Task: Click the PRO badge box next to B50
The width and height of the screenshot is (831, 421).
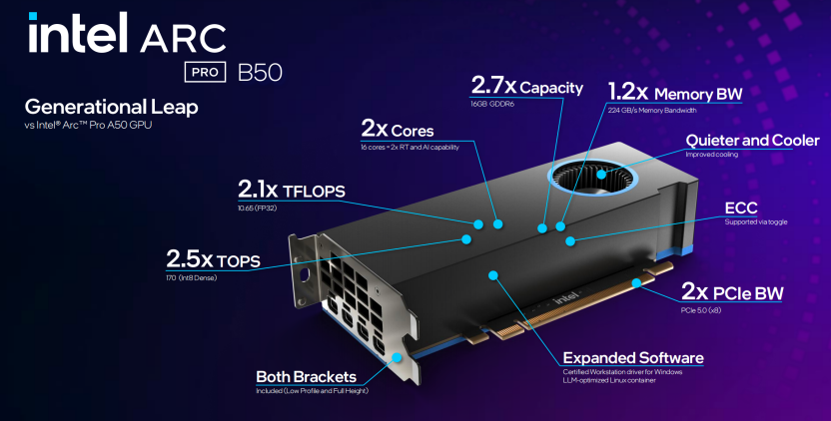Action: [x=205, y=72]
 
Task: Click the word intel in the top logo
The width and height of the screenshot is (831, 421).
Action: [x=78, y=32]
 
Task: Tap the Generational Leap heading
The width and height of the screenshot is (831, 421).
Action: [x=111, y=107]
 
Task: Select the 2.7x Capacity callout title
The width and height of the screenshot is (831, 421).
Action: [x=526, y=86]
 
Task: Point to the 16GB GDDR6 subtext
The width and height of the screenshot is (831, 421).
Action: [x=492, y=105]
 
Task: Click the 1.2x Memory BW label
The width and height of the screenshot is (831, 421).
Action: [x=674, y=92]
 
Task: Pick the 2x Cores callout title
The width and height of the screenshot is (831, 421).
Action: [x=397, y=129]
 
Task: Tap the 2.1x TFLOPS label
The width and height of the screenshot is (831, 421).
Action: [x=291, y=190]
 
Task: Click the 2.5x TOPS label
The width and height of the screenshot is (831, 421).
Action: [x=213, y=259]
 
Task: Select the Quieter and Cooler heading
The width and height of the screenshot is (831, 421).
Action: [x=752, y=141]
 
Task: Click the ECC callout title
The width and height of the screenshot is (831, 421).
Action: [x=741, y=209]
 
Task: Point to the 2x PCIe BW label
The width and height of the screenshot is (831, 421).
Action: [x=732, y=291]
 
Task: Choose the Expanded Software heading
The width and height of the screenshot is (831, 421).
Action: [x=633, y=358]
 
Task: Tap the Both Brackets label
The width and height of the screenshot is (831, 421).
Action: [x=307, y=377]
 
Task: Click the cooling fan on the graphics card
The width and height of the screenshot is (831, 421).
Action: [x=592, y=177]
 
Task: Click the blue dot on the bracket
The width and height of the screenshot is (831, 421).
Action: [x=397, y=357]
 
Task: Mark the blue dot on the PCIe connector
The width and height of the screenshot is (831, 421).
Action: [x=636, y=282]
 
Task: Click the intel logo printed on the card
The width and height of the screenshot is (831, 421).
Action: [x=566, y=297]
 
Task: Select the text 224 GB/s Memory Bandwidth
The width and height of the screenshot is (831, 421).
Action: [x=652, y=110]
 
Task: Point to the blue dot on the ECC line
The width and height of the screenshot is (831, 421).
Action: [x=569, y=241]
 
